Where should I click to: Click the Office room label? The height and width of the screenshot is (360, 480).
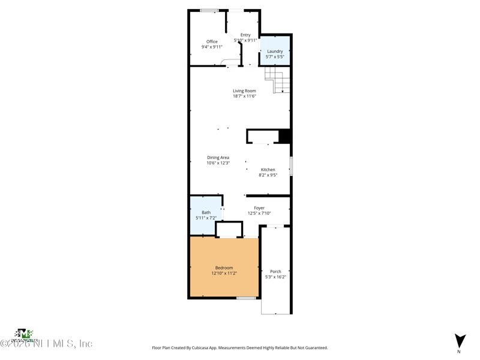[x=212, y=41]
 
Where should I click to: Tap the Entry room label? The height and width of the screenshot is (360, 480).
[x=245, y=35]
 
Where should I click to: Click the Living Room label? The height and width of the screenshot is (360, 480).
[x=244, y=91]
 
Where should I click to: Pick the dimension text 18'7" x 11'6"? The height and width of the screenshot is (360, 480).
[x=244, y=96]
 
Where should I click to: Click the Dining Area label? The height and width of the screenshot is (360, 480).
[x=218, y=157]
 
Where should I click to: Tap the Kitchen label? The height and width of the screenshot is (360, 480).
[x=268, y=170]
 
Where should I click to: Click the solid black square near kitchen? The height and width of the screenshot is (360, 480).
[x=285, y=136]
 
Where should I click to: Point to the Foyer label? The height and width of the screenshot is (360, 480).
[x=259, y=208]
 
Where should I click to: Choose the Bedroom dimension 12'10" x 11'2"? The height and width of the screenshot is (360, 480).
[x=224, y=273]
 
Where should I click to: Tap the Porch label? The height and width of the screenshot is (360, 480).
[x=275, y=271]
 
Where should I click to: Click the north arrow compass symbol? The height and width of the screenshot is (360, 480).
[x=460, y=341]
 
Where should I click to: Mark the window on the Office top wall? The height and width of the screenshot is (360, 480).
[x=209, y=10]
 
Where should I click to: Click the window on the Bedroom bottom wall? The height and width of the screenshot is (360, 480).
[x=246, y=298]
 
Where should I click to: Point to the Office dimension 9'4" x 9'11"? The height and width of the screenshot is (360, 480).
[x=212, y=47]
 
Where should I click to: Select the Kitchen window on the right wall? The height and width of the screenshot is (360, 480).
[x=291, y=166]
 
